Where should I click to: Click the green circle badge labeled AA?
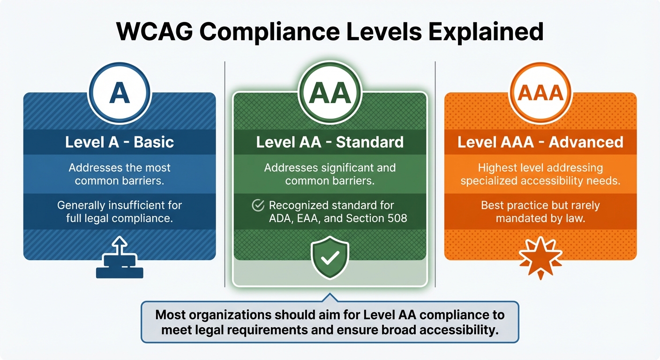[330, 94]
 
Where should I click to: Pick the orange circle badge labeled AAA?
[540, 94]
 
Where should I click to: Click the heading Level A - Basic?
[120, 142]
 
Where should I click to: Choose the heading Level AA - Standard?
[330, 142]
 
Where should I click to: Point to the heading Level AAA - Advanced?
[540, 142]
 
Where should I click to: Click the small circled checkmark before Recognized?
[258, 205]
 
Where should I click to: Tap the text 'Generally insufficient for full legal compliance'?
[120, 212]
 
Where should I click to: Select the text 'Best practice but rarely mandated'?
[540, 212]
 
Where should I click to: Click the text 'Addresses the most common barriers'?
[120, 174]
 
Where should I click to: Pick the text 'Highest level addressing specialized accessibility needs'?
[540, 174]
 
